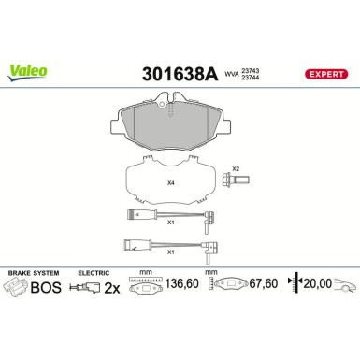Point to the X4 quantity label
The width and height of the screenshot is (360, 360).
click(x=170, y=182)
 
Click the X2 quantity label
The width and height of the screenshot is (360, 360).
click(x=237, y=167)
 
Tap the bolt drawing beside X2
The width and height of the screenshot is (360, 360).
click(x=230, y=181)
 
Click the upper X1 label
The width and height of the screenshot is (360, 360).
click(x=170, y=223)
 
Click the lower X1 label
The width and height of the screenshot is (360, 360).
click(x=170, y=252)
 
